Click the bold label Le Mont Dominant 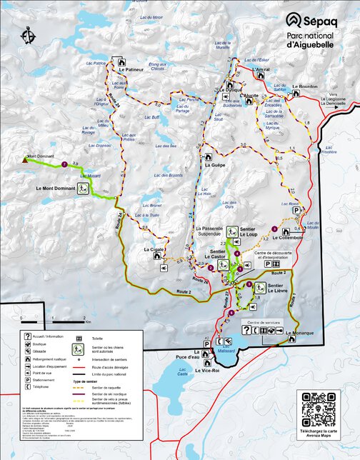point(56,189)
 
